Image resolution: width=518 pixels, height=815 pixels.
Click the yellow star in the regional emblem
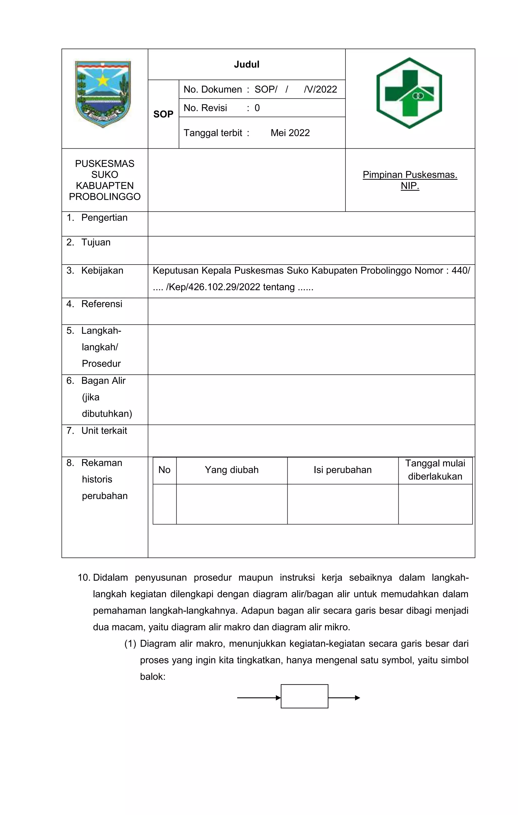click(x=102, y=80)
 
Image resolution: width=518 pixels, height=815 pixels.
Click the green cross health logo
click(x=409, y=93)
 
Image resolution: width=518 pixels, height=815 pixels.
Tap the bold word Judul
click(x=247, y=64)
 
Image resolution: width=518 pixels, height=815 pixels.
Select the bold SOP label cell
click(x=163, y=114)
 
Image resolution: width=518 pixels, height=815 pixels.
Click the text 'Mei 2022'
click(x=290, y=133)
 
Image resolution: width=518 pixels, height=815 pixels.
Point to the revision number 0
click(x=257, y=108)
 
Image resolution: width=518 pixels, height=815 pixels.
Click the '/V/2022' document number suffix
click(x=320, y=89)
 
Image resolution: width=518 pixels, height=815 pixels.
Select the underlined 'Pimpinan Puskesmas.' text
click(x=410, y=175)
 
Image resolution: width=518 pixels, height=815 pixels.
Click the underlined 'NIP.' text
click(x=410, y=186)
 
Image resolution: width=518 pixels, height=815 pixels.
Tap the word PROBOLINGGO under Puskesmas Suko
click(x=104, y=197)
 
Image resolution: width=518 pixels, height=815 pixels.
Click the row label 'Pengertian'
click(x=104, y=218)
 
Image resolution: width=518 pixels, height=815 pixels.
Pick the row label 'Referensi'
click(x=101, y=304)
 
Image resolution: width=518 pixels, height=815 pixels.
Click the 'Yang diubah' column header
click(x=232, y=470)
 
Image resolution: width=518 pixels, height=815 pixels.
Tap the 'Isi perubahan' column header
click(x=342, y=470)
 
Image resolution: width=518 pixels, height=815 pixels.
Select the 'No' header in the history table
click(x=164, y=470)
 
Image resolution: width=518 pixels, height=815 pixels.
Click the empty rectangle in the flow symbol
click(x=304, y=696)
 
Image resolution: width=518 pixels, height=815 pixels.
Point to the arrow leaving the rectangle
click(x=344, y=698)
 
